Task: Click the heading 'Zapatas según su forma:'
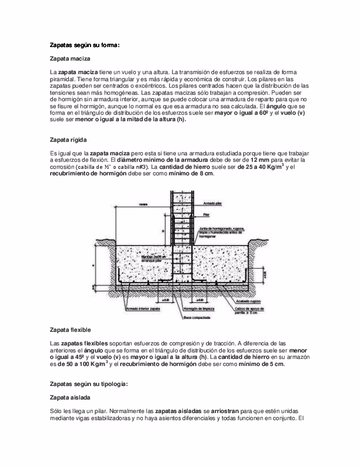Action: [x=85, y=45]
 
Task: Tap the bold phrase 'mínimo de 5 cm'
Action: [x=262, y=364]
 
